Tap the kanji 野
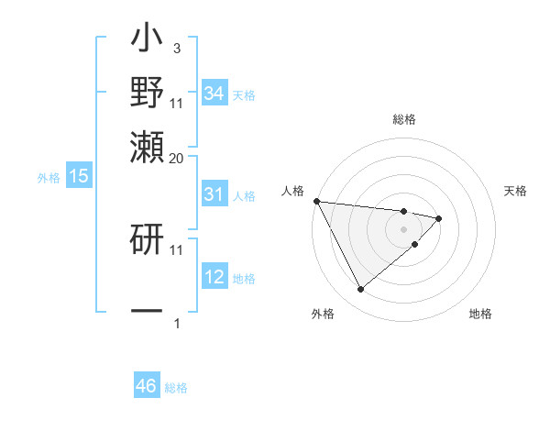coord(147,92)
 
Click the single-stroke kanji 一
coord(147,310)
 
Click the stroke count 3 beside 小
coord(176,47)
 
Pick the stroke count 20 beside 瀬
coord(177,158)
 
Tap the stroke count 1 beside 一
coord(176,323)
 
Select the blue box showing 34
coord(214,93)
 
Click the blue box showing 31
coord(214,194)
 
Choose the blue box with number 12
coord(214,277)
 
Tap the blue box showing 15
coord(79,176)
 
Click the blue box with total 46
coord(147,386)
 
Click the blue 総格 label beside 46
coord(176,388)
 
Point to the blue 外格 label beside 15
coord(49,178)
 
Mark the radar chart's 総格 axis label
coord(404,119)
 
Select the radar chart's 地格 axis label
coord(480,314)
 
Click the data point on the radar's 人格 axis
coord(316,201)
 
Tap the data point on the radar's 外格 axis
coord(360,289)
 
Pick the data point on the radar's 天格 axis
coord(439,218)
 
